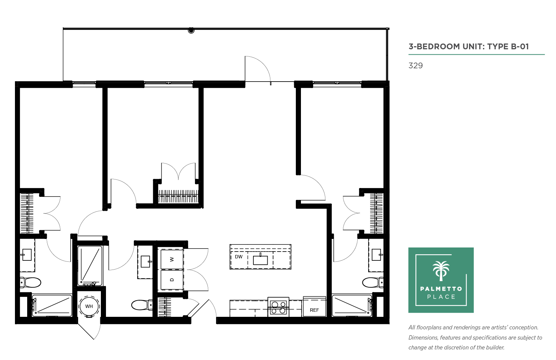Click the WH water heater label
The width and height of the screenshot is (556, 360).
pyautogui.click(x=89, y=306)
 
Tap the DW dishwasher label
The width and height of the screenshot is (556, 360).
pyautogui.click(x=238, y=257)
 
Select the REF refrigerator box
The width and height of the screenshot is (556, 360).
pyautogui.click(x=314, y=307)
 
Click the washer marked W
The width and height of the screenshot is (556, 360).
pyautogui.click(x=172, y=259)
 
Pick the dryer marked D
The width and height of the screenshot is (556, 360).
pyautogui.click(x=172, y=280)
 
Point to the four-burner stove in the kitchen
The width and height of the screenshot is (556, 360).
pyautogui.click(x=278, y=307)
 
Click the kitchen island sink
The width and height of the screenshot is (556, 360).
pyautogui.click(x=260, y=260)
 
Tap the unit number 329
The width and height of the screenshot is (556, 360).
pyautogui.click(x=415, y=66)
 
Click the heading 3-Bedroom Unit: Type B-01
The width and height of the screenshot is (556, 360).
pyautogui.click(x=469, y=47)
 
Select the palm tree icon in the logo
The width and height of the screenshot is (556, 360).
pyautogui.click(x=441, y=271)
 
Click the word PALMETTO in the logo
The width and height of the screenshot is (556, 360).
pyautogui.click(x=441, y=289)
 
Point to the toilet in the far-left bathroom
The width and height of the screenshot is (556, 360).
pyautogui.click(x=30, y=282)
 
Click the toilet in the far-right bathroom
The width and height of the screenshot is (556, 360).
pyautogui.click(x=373, y=282)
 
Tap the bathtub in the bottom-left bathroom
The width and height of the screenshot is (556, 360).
pyautogui.click(x=52, y=306)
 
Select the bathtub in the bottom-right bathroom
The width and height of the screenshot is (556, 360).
pyautogui.click(x=352, y=306)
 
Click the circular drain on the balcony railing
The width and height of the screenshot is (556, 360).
pyautogui.click(x=191, y=30)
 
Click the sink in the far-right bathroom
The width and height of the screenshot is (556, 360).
pyautogui.click(x=376, y=255)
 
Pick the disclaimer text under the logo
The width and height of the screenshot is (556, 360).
pyautogui.click(x=475, y=337)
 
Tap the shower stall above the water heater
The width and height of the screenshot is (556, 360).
pyautogui.click(x=90, y=265)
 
